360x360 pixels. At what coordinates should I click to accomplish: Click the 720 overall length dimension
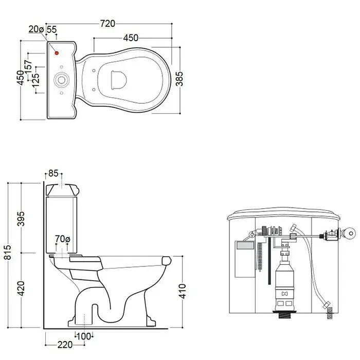pyautogui.click(x=107, y=24)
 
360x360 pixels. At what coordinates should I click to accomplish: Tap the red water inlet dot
pyautogui.click(x=57, y=53)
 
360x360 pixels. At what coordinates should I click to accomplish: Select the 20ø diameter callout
pyautogui.click(x=36, y=29)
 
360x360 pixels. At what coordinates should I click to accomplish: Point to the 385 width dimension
pyautogui.click(x=179, y=79)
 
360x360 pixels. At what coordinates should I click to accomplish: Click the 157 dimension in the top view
pyautogui.click(x=28, y=66)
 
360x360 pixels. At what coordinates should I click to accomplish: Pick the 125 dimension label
pyautogui.click(x=36, y=81)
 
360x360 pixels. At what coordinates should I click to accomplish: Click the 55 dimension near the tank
pyautogui.click(x=51, y=29)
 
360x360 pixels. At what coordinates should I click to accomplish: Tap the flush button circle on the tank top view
pyautogui.click(x=61, y=80)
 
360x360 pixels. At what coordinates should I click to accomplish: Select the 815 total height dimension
pyautogui.click(x=8, y=253)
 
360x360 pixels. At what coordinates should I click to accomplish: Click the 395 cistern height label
pyautogui.click(x=21, y=219)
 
